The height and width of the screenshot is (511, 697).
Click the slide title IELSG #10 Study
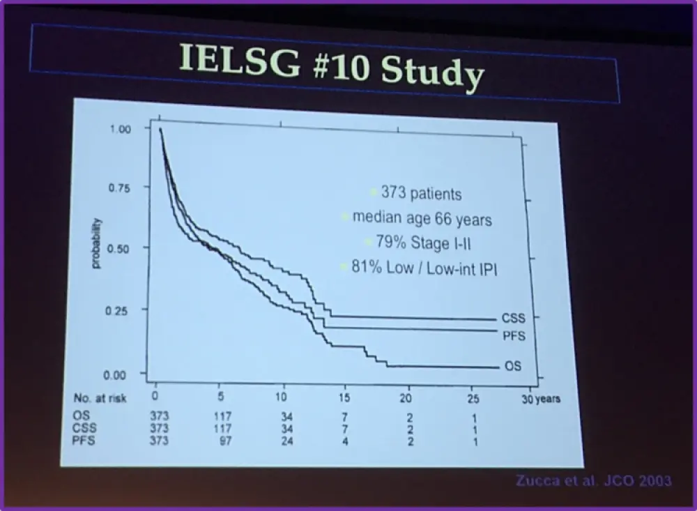pyautogui.click(x=331, y=66)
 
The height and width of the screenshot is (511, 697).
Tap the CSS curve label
pyautogui.click(x=512, y=318)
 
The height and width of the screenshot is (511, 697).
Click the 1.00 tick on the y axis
pyautogui.click(x=121, y=130)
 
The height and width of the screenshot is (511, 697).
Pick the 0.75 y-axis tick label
pyautogui.click(x=120, y=188)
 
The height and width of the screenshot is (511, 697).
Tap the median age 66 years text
pyautogui.click(x=422, y=219)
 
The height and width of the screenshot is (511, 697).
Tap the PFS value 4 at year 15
pyautogui.click(x=345, y=441)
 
